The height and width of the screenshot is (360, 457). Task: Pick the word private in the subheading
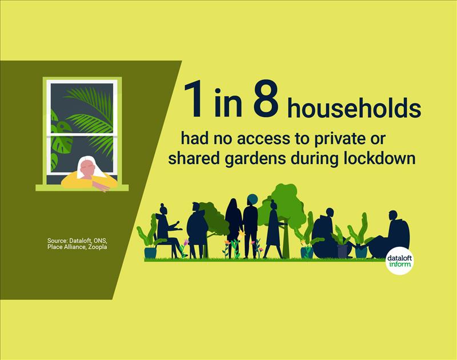[339, 139]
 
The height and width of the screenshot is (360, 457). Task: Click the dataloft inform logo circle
[399, 261]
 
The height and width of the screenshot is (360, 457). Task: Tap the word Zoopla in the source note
[98, 247]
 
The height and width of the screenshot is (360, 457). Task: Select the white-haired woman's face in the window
[88, 170]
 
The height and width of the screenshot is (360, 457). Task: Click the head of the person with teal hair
[252, 200]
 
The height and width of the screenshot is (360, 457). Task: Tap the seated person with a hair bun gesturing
[167, 230]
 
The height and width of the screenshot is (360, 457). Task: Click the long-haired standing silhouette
[233, 228]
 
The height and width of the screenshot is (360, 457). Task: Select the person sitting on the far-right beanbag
[391, 236]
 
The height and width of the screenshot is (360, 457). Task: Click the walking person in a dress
[274, 230]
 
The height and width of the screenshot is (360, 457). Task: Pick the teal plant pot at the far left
[150, 253]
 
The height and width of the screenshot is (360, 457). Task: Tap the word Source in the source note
[57, 241]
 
